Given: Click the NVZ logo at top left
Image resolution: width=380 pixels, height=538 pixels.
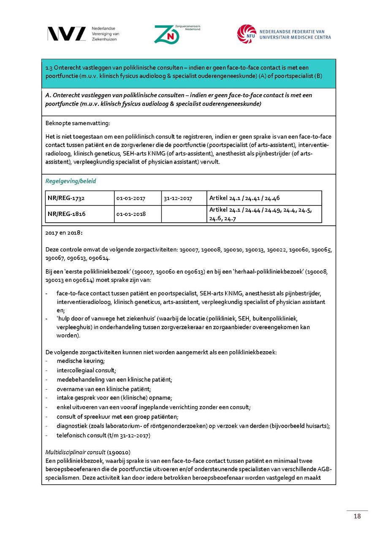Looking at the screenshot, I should pos(66,34).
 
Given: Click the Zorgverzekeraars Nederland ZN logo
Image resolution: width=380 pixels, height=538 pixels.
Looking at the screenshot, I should pos(167,34).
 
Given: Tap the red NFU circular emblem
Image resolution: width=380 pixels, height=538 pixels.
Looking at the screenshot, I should pos(246,34).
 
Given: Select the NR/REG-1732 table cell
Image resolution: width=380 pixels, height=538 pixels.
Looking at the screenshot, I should pos(66,198).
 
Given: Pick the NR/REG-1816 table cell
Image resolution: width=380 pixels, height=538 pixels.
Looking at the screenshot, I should pos(66,214).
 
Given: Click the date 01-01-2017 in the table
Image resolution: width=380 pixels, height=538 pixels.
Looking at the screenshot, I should pos(131,198).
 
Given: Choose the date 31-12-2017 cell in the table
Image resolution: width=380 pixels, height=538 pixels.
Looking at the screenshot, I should pos(178,198).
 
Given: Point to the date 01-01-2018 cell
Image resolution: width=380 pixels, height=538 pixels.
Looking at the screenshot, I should pos(131,214).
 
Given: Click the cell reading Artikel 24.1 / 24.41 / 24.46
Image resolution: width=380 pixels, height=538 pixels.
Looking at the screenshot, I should pos(244,198).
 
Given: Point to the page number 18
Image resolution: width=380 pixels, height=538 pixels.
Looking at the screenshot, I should pos(357,516).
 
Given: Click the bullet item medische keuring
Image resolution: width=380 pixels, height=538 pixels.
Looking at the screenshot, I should pos(81,361).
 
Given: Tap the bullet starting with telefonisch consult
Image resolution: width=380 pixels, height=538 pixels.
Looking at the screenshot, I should pos(103,435).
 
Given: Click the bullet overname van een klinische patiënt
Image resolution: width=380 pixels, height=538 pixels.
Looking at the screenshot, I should pos(104,389).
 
